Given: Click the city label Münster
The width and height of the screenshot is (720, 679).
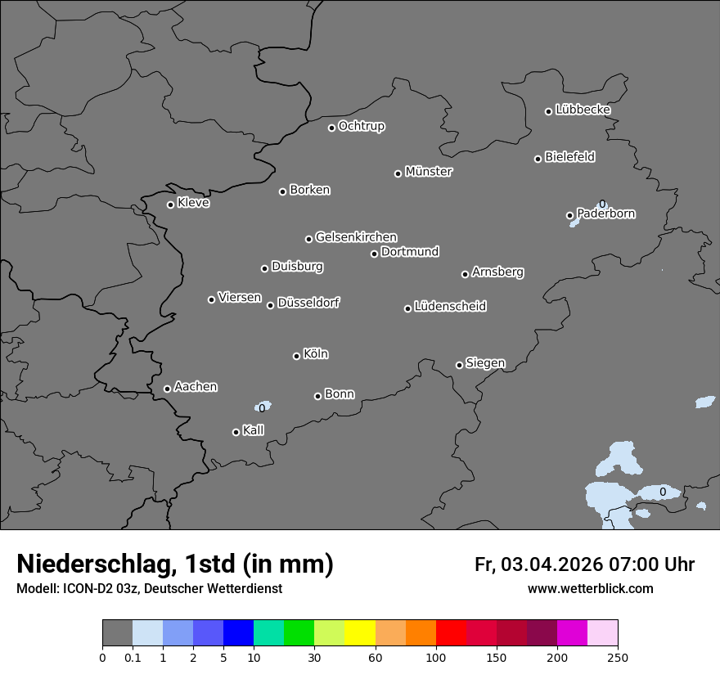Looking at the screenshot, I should coord(429,172).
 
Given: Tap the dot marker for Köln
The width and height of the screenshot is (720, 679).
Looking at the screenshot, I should coord(296,356).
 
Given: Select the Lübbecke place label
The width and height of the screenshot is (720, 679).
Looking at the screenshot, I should coord(583,110).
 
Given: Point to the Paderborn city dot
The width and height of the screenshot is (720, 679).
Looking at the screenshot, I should coord(569,216).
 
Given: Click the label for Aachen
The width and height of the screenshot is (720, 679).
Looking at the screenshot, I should coord(196,387).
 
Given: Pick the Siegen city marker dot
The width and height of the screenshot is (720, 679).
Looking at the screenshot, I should coord(459,365).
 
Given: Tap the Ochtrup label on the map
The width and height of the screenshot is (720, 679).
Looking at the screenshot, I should coord(362,126).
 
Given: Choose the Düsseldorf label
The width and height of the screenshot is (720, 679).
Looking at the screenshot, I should coord(308,303).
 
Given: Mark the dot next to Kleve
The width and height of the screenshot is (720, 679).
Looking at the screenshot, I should coord(170,205).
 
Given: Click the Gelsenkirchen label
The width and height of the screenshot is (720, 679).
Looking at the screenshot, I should coord(356,237).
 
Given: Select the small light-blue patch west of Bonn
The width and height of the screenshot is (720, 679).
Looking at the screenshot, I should coord(263,406).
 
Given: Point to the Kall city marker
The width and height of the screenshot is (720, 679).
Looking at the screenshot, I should coord(236,432).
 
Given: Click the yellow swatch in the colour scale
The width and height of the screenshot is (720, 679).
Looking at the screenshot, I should coord(360,633).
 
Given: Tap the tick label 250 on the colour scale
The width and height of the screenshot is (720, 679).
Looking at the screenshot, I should coord(618,657).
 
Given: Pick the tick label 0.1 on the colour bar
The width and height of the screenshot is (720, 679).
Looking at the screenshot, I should coord(133,657).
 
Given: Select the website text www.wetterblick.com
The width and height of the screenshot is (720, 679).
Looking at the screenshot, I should coord(591,588).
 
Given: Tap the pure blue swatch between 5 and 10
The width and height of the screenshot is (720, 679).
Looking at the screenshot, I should coord(238,633).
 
